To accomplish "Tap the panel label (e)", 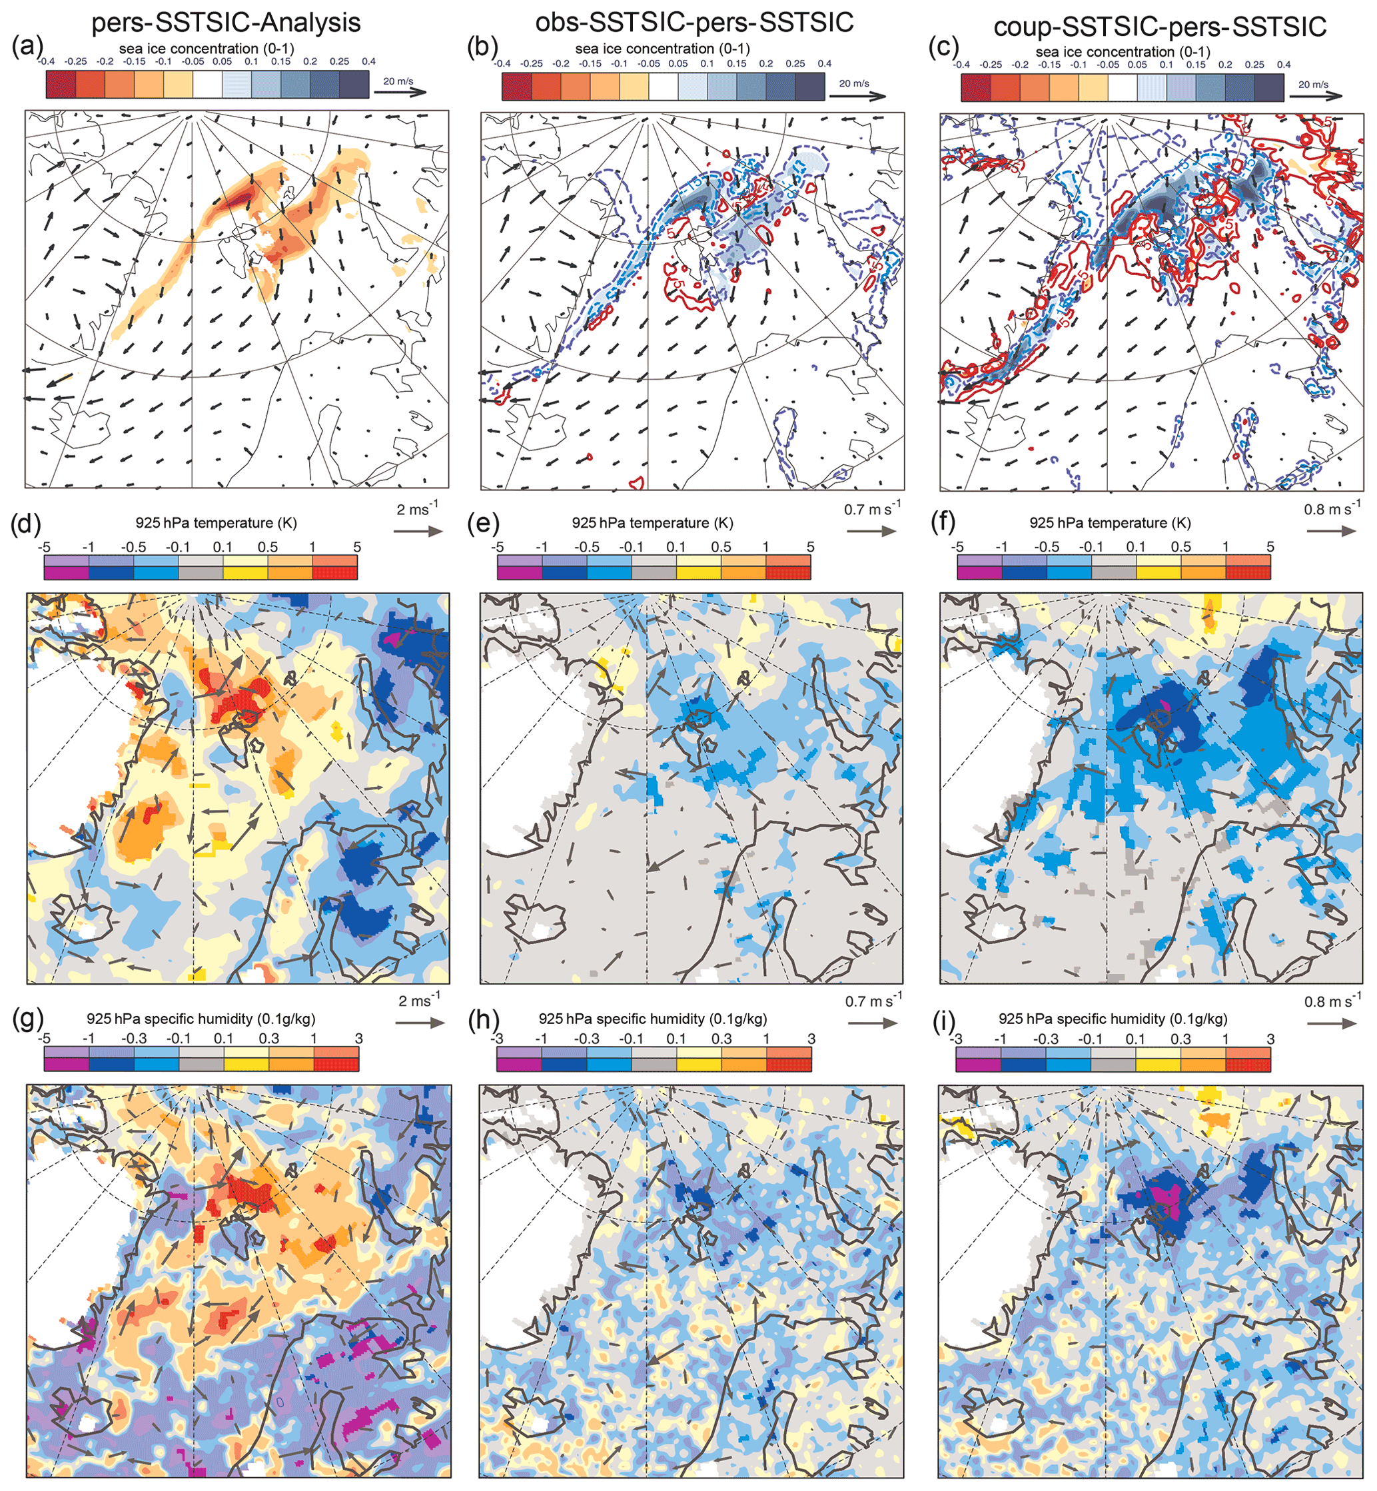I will tap(480, 523).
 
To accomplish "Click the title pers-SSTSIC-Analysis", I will tap(226, 23).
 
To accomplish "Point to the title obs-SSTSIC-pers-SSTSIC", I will tap(694, 23).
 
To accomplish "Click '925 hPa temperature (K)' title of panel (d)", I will tap(216, 523).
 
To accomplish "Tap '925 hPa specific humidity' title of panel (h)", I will tap(653, 1019).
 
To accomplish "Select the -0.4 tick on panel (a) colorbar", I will tap(46, 61).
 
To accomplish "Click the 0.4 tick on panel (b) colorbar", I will tap(824, 63).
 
